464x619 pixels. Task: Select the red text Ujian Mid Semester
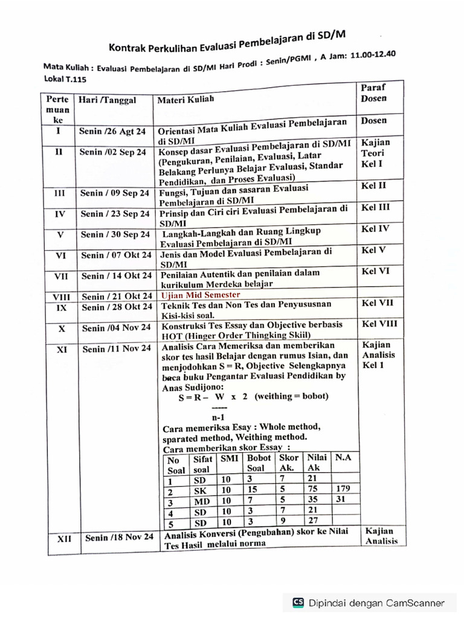pos(200,295)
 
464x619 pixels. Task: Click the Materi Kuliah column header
pos(185,99)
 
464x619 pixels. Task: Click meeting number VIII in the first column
pos(62,297)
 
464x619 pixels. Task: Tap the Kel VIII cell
pos(379,324)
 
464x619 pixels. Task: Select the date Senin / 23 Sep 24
pos(115,213)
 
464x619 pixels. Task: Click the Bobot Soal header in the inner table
pos(259,462)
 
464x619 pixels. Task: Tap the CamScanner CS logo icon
pos(298,602)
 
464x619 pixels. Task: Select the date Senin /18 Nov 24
pos(119,537)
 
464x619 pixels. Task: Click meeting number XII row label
pos(64,538)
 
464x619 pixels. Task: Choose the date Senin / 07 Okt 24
pos(116,255)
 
